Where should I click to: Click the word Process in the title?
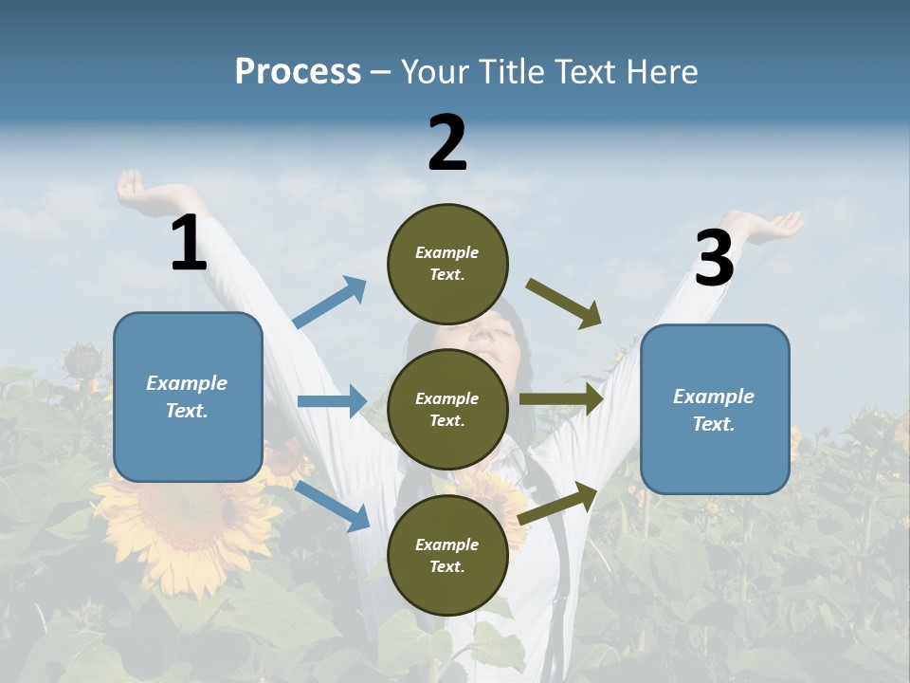(298, 72)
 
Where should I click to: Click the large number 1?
(189, 244)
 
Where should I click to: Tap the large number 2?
(447, 143)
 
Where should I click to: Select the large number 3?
(714, 259)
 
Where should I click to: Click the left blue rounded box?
(188, 397)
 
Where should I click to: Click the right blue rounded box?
(715, 410)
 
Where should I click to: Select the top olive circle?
(447, 264)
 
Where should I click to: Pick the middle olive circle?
(447, 410)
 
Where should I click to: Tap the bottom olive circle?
(447, 556)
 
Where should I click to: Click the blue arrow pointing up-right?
(330, 303)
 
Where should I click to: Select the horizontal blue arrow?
(332, 401)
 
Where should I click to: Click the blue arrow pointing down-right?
(333, 506)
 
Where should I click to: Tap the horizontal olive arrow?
(561, 399)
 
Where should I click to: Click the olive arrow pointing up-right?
(558, 503)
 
